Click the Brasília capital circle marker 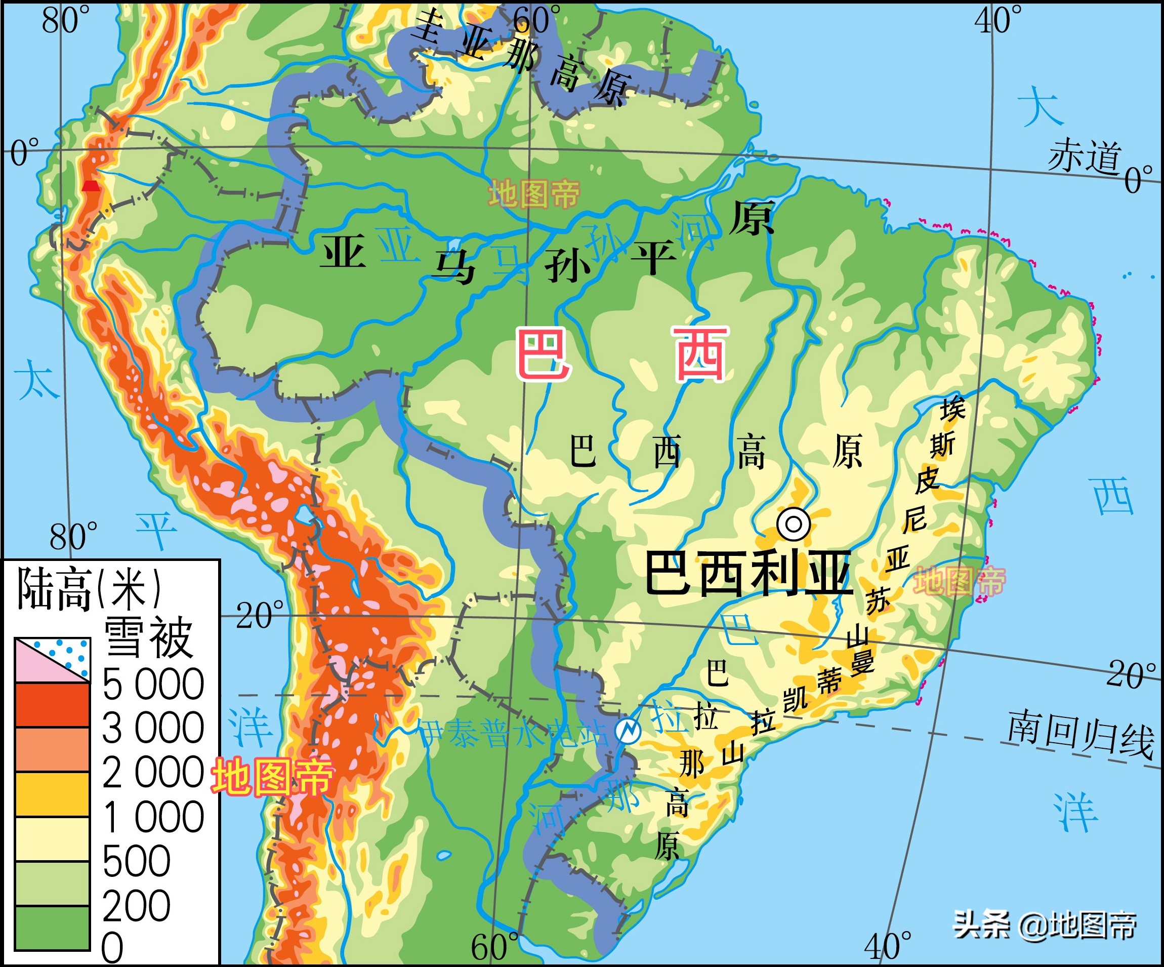pyautogui.click(x=793, y=523)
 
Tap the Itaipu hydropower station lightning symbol pyautogui.click(x=628, y=730)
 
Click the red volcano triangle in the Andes pyautogui.click(x=91, y=186)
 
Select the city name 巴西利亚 pyautogui.click(x=749, y=573)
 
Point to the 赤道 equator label pyautogui.click(x=1084, y=156)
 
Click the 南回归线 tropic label pyautogui.click(x=1081, y=733)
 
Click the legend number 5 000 pyautogui.click(x=153, y=684)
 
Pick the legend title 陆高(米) pyautogui.click(x=89, y=589)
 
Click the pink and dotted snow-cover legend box pyautogui.click(x=52, y=660)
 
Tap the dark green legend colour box pyautogui.click(x=52, y=928)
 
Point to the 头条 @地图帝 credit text pyautogui.click(x=1045, y=925)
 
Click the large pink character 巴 pyautogui.click(x=543, y=354)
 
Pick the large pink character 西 pyautogui.click(x=699, y=354)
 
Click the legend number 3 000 pyautogui.click(x=153, y=728)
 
